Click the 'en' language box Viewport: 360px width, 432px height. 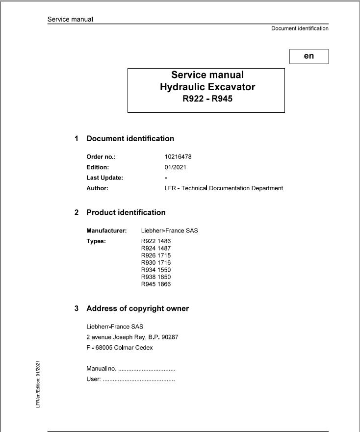(309, 56)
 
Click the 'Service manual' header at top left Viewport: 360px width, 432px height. (70, 20)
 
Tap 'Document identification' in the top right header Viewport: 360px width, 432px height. (300, 28)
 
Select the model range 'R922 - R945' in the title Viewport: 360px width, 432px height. (207, 99)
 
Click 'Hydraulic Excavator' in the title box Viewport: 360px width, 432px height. (207, 87)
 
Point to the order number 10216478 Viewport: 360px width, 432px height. (178, 157)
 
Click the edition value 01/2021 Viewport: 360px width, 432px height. (175, 167)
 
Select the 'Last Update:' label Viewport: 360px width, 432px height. (104, 178)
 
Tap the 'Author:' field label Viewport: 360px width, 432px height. (97, 188)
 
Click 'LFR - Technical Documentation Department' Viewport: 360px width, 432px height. (224, 188)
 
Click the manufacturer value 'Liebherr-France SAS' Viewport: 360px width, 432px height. (169, 230)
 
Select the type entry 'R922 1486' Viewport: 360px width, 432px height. (156, 241)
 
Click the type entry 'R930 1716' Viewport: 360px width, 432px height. (156, 263)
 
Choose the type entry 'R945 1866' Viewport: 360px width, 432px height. (156, 284)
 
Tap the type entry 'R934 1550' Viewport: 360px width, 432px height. (156, 270)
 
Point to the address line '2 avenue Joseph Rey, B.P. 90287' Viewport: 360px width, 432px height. (135, 337)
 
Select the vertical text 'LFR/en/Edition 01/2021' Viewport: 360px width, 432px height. (38, 384)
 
